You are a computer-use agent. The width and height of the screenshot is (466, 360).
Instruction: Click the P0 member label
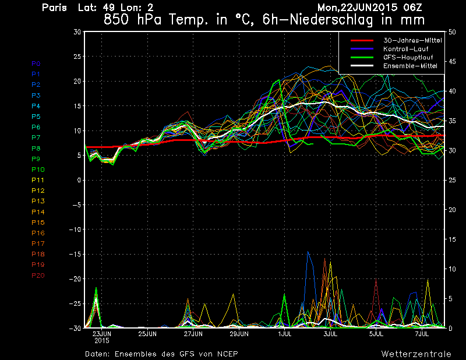coord(36,63)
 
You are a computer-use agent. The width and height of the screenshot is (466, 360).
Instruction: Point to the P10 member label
coord(37,170)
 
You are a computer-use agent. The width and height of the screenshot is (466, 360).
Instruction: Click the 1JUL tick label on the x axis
coord(285,334)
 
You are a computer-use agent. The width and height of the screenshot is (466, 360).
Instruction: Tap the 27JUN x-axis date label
coord(193,334)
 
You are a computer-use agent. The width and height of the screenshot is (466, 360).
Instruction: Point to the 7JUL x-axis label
coord(422,334)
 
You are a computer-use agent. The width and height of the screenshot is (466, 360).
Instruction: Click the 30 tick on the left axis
coord(76,32)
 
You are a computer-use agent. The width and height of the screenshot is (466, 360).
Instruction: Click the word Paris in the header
coord(55,8)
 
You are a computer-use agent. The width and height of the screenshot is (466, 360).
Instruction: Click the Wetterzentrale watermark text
coord(416,354)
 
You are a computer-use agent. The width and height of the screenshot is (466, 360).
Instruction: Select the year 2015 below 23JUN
coord(101,340)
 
